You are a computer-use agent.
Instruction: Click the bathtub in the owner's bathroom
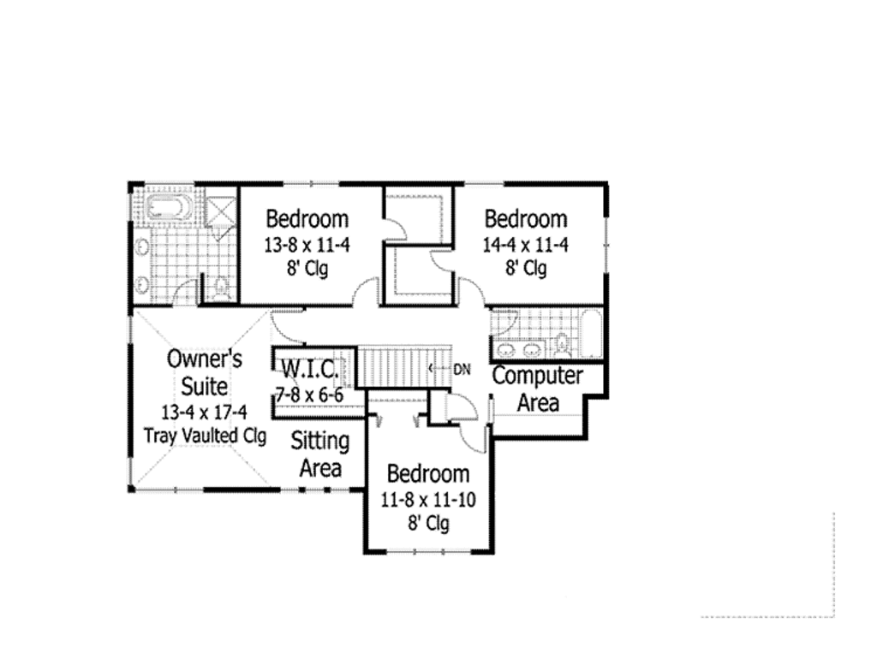pyautogui.click(x=164, y=208)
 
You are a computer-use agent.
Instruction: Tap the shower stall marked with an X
pyautogui.click(x=221, y=211)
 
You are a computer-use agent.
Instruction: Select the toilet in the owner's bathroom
pyautogui.click(x=222, y=289)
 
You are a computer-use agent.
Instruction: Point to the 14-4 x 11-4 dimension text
pyautogui.click(x=525, y=245)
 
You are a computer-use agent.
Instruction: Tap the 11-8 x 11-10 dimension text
pyautogui.click(x=428, y=500)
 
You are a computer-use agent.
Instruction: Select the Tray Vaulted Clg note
pyautogui.click(x=205, y=436)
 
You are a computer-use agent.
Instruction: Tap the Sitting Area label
pyautogui.click(x=319, y=454)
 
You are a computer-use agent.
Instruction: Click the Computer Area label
pyautogui.click(x=538, y=389)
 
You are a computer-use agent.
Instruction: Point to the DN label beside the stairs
pyautogui.click(x=462, y=370)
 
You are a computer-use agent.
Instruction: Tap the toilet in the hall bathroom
pyautogui.click(x=562, y=346)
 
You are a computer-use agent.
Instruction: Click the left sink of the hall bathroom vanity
pyautogui.click(x=505, y=350)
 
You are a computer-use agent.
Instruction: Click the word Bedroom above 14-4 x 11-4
pyautogui.click(x=525, y=219)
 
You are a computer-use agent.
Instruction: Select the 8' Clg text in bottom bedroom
pyautogui.click(x=428, y=524)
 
